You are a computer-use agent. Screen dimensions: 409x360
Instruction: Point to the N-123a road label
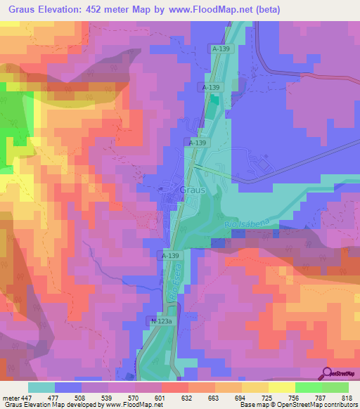pos(161,321)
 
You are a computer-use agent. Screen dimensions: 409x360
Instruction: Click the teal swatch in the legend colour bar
pos(41,387)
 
